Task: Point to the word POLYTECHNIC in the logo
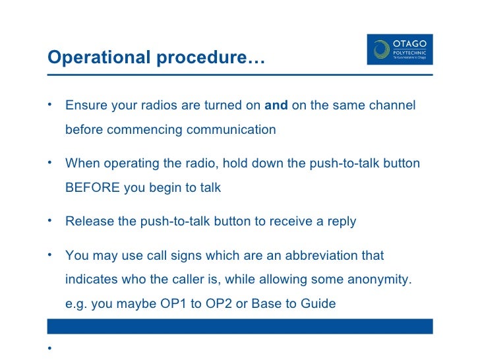click(x=409, y=51)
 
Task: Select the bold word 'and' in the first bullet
click(x=276, y=105)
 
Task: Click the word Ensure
click(x=85, y=105)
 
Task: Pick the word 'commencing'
click(x=144, y=129)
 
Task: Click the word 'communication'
click(x=231, y=129)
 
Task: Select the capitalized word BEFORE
click(x=93, y=187)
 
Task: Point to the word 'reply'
click(x=341, y=221)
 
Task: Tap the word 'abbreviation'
click(x=346, y=255)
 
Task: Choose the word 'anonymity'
click(x=376, y=279)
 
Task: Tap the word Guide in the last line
click(x=318, y=303)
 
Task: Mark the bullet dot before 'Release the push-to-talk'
click(x=50, y=220)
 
